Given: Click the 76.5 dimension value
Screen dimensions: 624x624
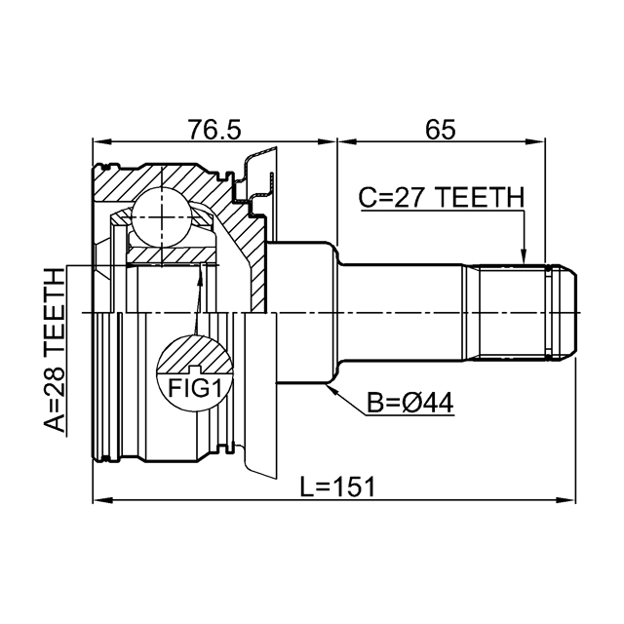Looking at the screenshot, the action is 214,130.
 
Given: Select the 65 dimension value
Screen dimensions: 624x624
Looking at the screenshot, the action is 440,130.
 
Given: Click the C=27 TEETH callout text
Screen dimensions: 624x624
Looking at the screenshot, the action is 442,198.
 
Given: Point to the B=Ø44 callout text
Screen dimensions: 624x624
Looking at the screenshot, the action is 409,403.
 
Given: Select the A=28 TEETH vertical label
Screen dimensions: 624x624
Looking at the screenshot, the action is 55,350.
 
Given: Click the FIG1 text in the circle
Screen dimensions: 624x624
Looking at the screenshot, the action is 194,388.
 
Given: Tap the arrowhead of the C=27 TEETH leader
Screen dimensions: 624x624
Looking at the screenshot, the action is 524,255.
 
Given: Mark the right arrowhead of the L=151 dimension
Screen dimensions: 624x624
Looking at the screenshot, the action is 566,499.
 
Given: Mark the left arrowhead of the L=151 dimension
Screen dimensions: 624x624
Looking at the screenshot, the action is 101,499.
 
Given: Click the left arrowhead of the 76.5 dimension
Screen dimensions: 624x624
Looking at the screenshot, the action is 101,141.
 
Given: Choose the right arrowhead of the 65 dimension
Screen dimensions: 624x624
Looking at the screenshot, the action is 535,141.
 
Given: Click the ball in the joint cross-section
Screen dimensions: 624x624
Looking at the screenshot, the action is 162,217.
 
